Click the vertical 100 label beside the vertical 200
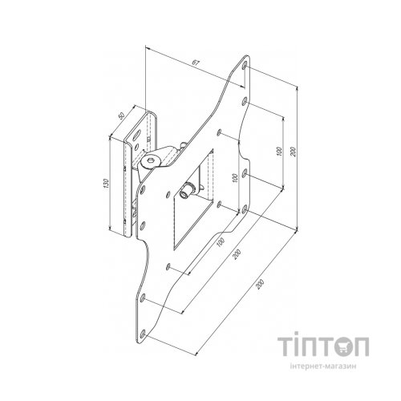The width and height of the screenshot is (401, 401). click(277, 150)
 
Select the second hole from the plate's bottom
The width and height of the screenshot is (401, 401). click(144, 298)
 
